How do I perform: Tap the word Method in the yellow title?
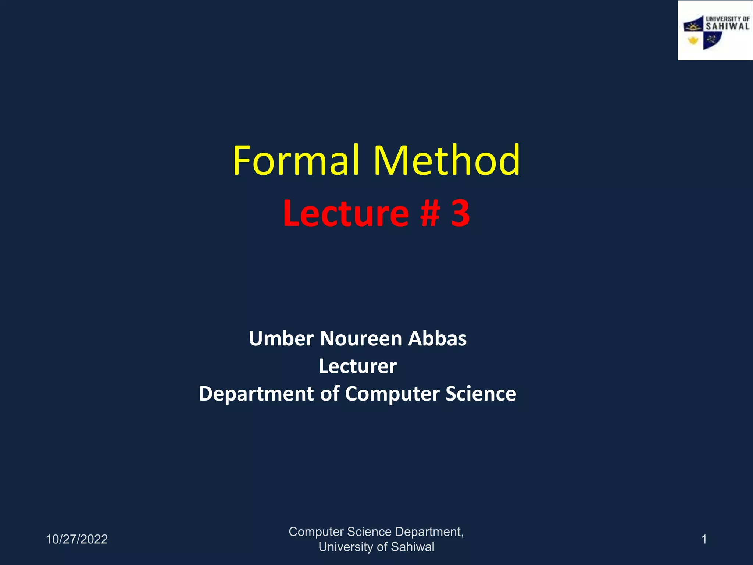[447, 161]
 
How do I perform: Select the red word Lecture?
[346, 213]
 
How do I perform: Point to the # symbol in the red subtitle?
[430, 213]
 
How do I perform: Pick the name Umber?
[281, 338]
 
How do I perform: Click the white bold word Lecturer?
[358, 366]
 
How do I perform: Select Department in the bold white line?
[256, 394]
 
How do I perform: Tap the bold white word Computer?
[392, 394]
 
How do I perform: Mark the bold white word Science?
[481, 394]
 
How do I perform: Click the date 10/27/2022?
[76, 539]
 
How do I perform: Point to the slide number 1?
[704, 539]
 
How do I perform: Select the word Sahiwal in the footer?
[413, 547]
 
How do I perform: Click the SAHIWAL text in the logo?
[727, 26]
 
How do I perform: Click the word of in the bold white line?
[329, 394]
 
